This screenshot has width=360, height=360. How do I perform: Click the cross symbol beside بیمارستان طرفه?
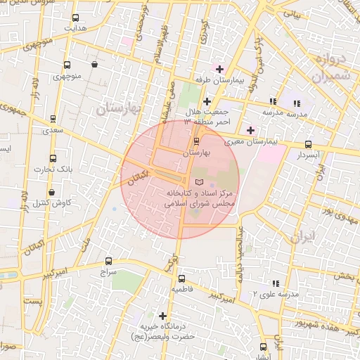(x=219, y=69)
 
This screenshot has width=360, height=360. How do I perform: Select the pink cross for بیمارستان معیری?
(x=250, y=129)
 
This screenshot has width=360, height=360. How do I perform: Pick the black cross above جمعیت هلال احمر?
(x=207, y=102)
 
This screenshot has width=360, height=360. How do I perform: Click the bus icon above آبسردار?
(x=308, y=144)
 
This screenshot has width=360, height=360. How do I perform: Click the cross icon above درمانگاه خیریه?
(x=163, y=316)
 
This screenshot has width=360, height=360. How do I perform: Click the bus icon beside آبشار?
(x=264, y=347)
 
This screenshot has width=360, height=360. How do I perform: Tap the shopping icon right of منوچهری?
(x=94, y=64)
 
